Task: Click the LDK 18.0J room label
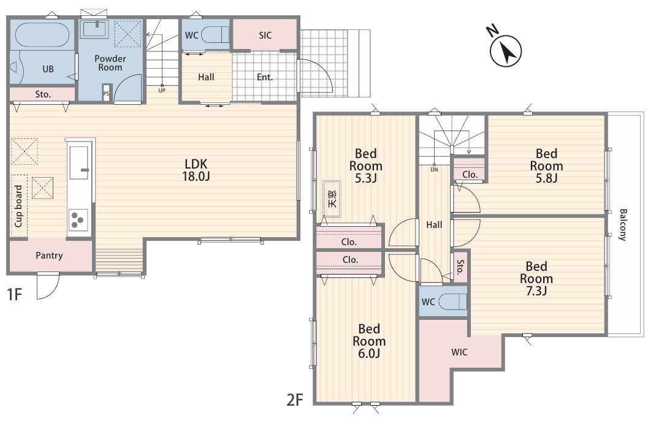click(x=196, y=170)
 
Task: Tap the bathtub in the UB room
click(x=42, y=35)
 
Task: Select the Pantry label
click(x=49, y=256)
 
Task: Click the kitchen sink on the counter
click(x=79, y=163)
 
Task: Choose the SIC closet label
click(x=265, y=36)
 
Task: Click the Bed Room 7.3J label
click(x=536, y=278)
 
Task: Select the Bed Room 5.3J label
click(x=366, y=165)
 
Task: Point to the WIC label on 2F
click(x=460, y=352)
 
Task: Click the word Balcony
click(x=623, y=225)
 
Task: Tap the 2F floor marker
click(x=295, y=400)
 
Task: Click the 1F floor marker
click(x=14, y=295)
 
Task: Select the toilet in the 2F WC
click(x=452, y=302)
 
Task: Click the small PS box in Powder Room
click(x=106, y=93)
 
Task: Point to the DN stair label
click(x=434, y=169)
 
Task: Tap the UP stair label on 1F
click(x=162, y=90)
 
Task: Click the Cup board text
click(x=18, y=206)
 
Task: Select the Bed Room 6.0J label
click(x=369, y=341)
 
